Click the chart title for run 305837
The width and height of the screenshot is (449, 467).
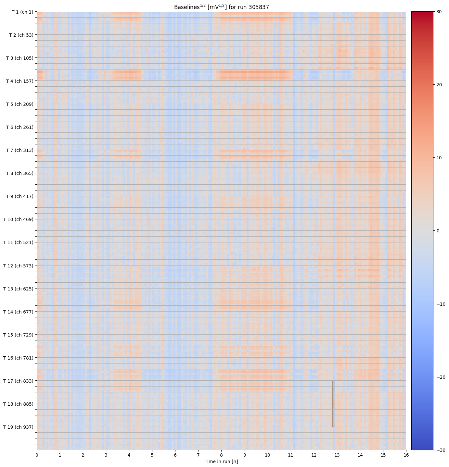point(221,7)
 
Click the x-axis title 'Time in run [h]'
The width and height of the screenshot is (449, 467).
point(221,461)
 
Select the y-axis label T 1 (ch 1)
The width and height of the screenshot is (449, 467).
point(22,12)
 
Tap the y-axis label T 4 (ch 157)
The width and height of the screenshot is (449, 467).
point(19,81)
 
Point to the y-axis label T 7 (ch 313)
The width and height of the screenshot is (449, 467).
point(19,150)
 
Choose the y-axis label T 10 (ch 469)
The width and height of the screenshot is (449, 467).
point(18,219)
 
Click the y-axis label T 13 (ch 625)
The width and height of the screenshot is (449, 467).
point(18,289)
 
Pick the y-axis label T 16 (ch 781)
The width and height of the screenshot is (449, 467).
point(18,358)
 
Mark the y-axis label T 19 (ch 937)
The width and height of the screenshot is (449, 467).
point(18,427)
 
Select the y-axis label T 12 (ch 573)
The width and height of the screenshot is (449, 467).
point(18,265)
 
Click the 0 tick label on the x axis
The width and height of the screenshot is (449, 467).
point(37,455)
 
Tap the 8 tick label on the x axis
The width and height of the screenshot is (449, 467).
point(222,455)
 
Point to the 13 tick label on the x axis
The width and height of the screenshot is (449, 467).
point(337,455)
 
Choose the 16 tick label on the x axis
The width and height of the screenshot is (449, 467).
point(406,455)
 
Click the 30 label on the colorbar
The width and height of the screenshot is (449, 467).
point(439,12)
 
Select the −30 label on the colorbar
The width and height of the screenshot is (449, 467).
point(441,450)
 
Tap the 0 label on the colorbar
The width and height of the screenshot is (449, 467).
point(438,231)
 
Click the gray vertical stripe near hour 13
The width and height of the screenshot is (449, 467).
point(333,403)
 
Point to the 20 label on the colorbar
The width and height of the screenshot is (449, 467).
point(439,85)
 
